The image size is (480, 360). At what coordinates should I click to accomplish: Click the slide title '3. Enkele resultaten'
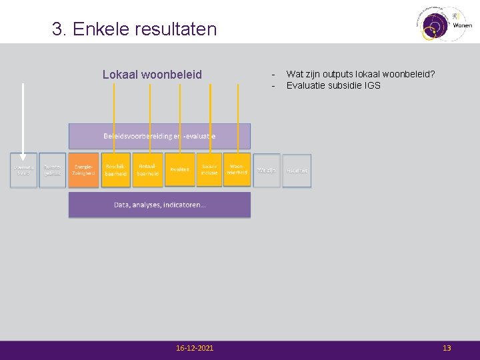pos(135,29)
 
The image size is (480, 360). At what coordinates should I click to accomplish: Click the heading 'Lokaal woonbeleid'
pos(152,75)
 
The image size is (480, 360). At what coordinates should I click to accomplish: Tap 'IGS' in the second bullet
pos(373,85)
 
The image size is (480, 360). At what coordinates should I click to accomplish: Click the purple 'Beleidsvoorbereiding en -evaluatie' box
pos(159,136)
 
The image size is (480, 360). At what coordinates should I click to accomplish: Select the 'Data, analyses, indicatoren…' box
pos(159,205)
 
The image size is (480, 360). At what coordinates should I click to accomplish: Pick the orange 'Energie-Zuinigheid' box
pos(83,170)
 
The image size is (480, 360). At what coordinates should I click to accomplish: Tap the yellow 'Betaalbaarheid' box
pos(147,170)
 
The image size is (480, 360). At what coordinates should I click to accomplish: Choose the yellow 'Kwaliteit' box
pos(179,170)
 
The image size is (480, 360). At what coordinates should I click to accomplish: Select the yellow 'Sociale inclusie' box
pos(209,170)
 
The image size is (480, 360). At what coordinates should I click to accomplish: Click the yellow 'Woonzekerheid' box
pos(237,170)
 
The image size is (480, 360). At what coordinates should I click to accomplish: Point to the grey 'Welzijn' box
pos(267,171)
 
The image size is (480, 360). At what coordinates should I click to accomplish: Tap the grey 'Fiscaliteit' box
pos(297,171)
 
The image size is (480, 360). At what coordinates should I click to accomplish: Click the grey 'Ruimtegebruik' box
pos(53,170)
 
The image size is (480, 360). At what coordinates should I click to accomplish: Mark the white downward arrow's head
pos(24,158)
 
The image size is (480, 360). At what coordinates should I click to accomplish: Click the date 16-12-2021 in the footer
pos(195,349)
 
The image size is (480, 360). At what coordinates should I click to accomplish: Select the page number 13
pos(447,349)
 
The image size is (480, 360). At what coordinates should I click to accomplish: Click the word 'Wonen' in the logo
pos(462,25)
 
